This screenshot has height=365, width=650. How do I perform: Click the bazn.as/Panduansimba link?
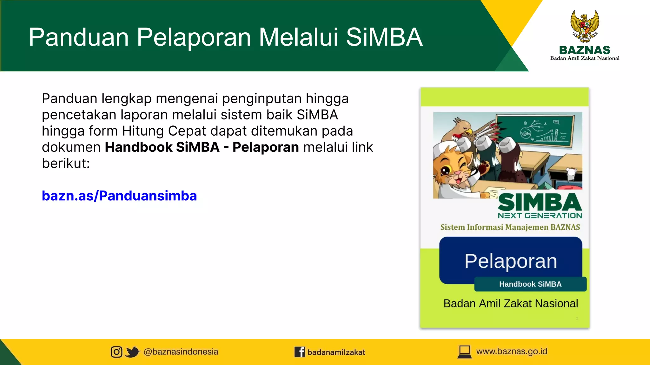119,196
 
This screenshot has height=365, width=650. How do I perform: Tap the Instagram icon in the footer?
116,352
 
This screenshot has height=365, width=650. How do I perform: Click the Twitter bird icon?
132,352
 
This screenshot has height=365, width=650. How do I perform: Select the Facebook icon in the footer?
300,352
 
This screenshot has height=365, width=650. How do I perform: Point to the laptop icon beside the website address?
465,352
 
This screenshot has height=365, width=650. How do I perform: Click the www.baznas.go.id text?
512,351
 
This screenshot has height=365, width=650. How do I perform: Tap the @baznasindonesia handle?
181,352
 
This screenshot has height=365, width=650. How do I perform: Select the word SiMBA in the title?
384,37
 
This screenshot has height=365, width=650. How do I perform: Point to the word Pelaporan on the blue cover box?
511,261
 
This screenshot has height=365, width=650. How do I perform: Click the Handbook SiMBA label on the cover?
530,284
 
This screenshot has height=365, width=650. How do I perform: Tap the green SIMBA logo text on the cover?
540,203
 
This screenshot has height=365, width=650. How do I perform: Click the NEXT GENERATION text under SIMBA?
540,216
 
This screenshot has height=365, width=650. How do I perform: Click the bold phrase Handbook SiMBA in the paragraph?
162,147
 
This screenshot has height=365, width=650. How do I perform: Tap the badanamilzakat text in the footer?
336,352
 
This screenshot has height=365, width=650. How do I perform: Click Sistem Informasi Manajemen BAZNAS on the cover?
510,227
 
